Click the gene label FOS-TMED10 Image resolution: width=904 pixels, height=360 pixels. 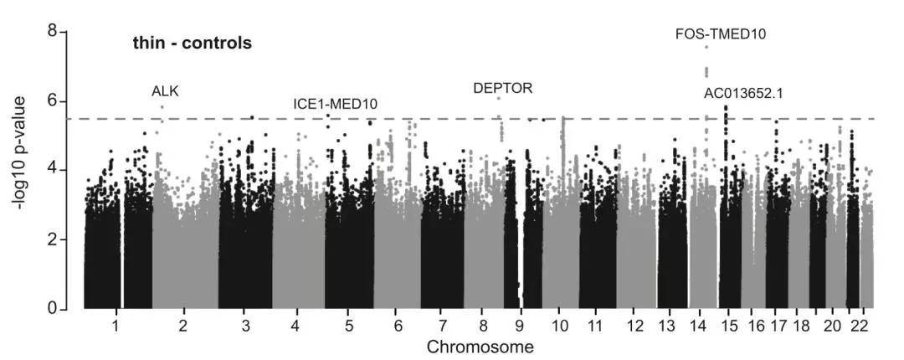coord(720,34)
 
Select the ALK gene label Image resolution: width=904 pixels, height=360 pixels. coord(165,91)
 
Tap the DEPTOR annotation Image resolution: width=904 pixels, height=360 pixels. coord(502,88)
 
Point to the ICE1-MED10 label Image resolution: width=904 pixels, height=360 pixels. coord(335,104)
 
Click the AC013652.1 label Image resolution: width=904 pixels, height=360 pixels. coord(743,93)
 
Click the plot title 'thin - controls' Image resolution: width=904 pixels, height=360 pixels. coord(192,44)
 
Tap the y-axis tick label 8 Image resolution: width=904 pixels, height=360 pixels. coord(52,32)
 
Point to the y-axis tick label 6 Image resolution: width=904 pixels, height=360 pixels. coord(52,100)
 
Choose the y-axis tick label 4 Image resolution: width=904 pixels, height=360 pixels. coord(52,170)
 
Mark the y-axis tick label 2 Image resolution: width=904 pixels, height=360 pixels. coord(52,239)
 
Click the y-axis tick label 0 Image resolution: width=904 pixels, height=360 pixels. coord(52,309)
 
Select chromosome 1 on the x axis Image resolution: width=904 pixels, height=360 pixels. coord(116,325)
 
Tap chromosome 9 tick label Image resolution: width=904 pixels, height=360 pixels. coord(520,325)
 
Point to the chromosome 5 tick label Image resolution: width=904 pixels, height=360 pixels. coord(349,325)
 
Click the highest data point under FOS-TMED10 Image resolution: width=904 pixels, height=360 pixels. coord(706,47)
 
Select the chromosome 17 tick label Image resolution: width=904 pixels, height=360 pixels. coord(778,325)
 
